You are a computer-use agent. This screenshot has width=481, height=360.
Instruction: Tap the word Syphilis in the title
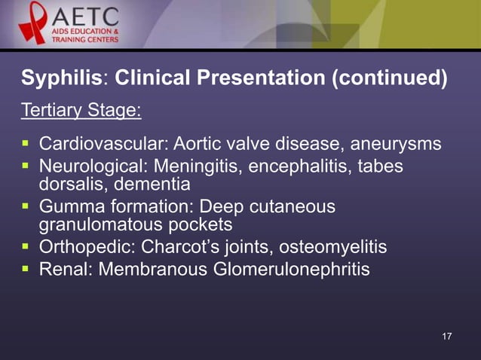63,78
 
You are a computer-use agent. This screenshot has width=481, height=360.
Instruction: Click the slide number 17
446,335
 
